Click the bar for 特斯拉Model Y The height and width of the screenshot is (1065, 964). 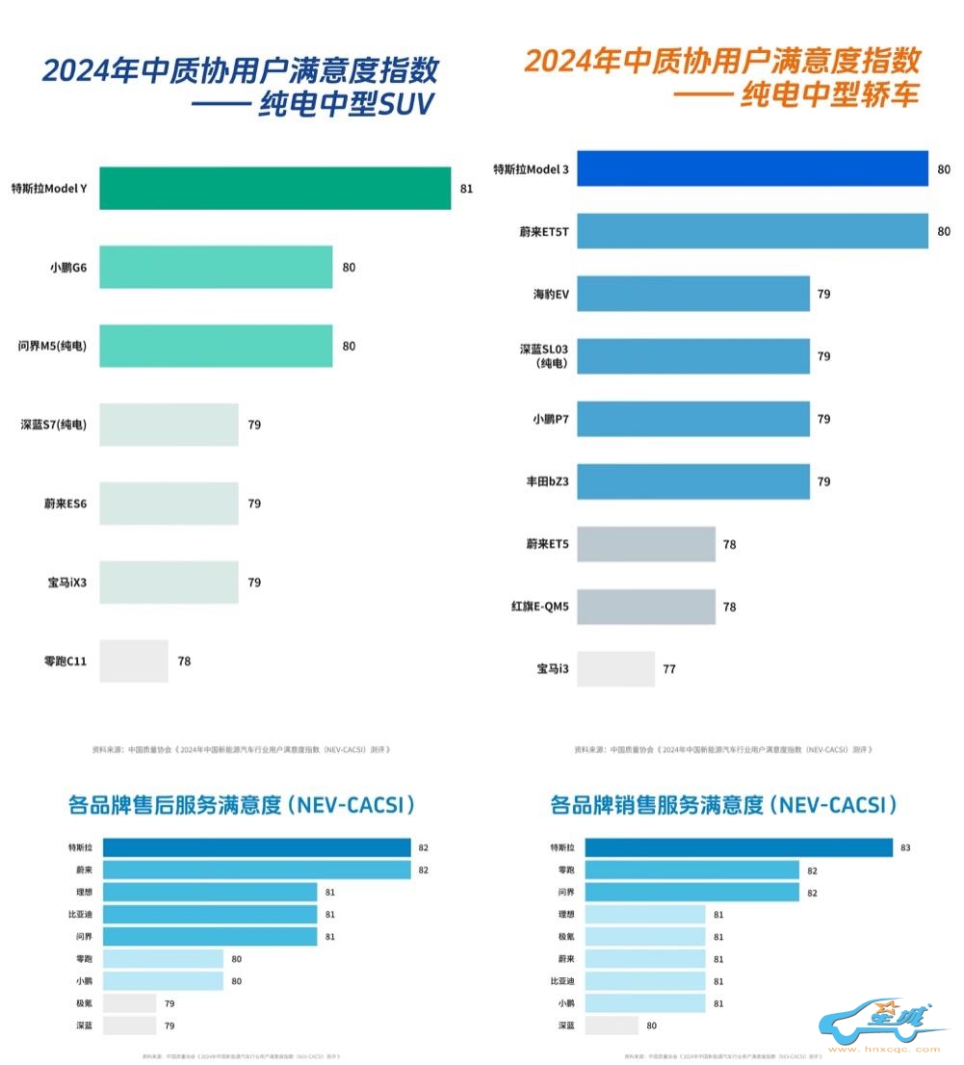click(x=274, y=189)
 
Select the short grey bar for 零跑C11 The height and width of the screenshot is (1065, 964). click(x=134, y=662)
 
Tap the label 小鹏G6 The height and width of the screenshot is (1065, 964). click(x=68, y=268)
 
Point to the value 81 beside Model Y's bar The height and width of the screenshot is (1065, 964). click(x=466, y=189)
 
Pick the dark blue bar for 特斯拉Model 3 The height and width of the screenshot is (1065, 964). click(x=751, y=169)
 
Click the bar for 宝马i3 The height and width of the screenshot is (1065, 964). click(x=615, y=668)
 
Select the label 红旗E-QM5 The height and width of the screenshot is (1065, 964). click(x=539, y=607)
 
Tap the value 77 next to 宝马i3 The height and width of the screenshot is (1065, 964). click(x=668, y=668)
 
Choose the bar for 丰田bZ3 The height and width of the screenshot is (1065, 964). click(x=692, y=481)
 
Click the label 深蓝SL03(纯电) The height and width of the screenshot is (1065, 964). click(x=544, y=356)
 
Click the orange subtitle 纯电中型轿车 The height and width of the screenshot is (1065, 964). click(x=828, y=95)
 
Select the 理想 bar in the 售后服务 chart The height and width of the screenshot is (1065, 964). click(x=210, y=892)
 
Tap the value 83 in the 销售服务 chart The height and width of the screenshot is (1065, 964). click(x=905, y=848)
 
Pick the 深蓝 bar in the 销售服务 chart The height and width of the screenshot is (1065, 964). click(x=612, y=1026)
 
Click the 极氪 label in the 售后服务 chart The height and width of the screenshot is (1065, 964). click(x=84, y=1003)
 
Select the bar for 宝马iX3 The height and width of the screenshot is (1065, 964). click(x=169, y=583)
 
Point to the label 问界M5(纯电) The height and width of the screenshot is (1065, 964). click(x=53, y=346)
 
